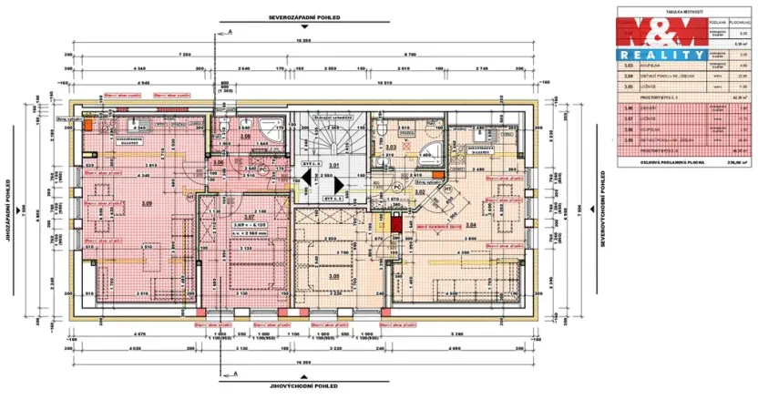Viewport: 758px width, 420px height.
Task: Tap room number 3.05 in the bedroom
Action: [334, 275]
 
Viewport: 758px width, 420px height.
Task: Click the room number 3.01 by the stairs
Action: [333, 166]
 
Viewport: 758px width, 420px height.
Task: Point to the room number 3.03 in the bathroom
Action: [391, 146]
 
